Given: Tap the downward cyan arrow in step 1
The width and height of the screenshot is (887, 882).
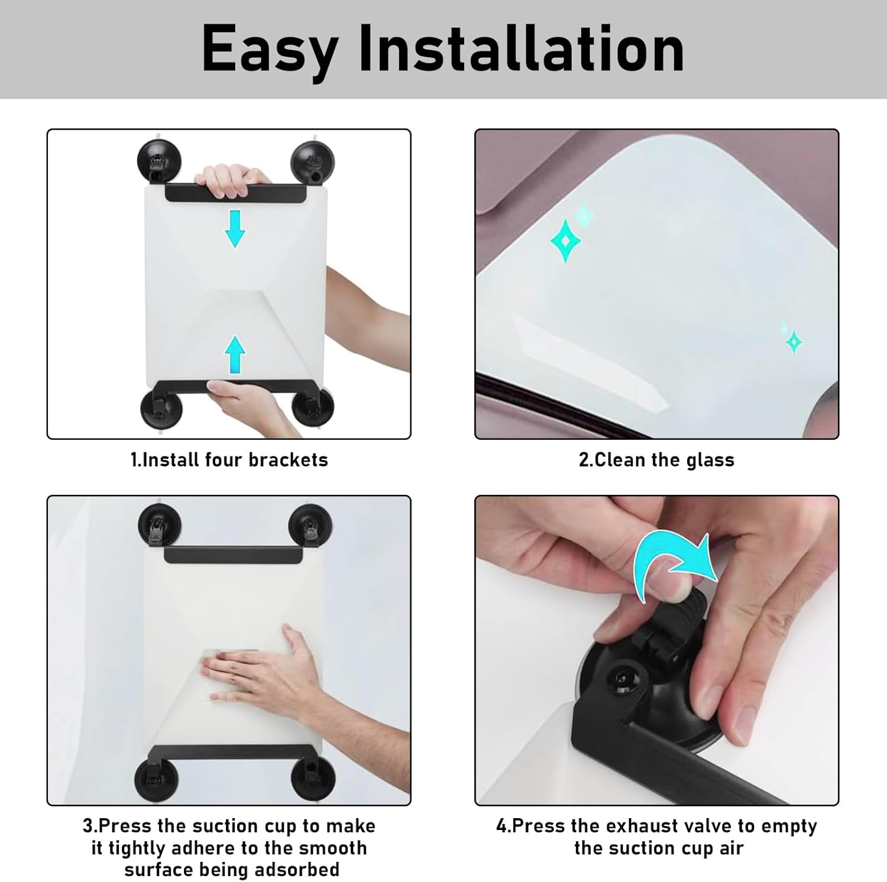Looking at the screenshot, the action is pyautogui.click(x=235, y=228).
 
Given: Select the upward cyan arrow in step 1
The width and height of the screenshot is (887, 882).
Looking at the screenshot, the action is pyautogui.click(x=235, y=355).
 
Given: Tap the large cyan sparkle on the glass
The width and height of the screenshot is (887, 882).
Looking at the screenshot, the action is pyautogui.click(x=565, y=241).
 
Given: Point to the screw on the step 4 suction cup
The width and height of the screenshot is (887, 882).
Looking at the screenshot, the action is pyautogui.click(x=623, y=677).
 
